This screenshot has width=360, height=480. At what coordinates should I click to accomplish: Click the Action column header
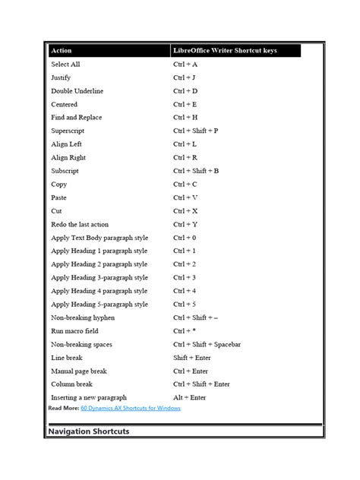click(x=62, y=51)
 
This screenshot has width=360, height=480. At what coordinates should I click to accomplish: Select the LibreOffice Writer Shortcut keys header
click(x=225, y=51)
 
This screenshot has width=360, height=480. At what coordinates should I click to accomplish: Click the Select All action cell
click(x=65, y=65)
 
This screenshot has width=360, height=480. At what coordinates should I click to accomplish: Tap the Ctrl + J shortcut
click(x=185, y=77)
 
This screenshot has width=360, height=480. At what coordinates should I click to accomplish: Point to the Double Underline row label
click(x=77, y=91)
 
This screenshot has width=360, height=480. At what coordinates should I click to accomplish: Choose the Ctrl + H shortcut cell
click(x=185, y=118)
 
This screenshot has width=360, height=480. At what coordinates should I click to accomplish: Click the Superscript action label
click(x=68, y=131)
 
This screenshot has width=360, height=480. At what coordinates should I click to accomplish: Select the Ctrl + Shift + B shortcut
click(x=196, y=171)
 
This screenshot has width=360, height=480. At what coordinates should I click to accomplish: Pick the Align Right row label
click(x=69, y=157)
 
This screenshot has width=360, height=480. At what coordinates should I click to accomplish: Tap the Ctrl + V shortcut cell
click(x=185, y=197)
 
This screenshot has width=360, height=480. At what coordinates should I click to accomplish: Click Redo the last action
click(x=80, y=224)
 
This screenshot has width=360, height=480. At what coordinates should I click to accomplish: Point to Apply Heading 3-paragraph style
click(x=99, y=277)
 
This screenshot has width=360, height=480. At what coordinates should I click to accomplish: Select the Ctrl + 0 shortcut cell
click(x=185, y=238)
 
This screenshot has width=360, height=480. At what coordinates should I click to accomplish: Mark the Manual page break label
click(x=78, y=371)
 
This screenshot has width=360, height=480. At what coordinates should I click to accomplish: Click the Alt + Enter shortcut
click(x=189, y=397)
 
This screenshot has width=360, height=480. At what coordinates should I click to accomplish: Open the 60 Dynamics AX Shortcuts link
click(x=130, y=408)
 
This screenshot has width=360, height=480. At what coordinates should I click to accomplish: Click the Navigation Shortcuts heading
click(x=88, y=431)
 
